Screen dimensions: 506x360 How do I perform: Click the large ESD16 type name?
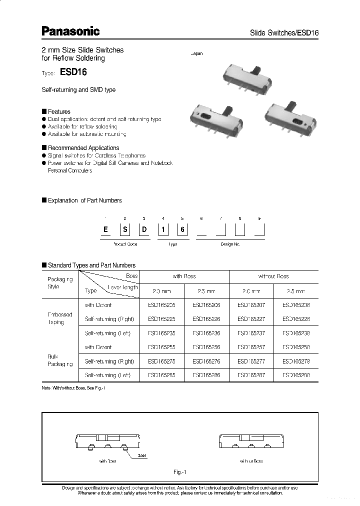click(x=73, y=72)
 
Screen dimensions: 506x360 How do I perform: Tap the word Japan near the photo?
click(x=197, y=53)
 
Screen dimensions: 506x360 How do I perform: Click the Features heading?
click(x=58, y=111)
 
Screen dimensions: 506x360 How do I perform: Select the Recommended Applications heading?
click(x=83, y=148)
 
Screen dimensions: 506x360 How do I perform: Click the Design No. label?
click(x=230, y=244)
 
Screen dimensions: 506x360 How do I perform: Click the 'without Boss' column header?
click(x=273, y=276)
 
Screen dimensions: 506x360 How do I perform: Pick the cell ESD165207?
click(x=251, y=304)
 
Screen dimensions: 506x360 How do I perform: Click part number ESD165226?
click(x=206, y=318)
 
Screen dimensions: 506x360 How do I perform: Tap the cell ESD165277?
click(x=251, y=360)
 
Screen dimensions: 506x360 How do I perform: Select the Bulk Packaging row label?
click(x=60, y=360)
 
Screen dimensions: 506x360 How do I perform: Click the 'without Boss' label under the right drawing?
click(x=251, y=461)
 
